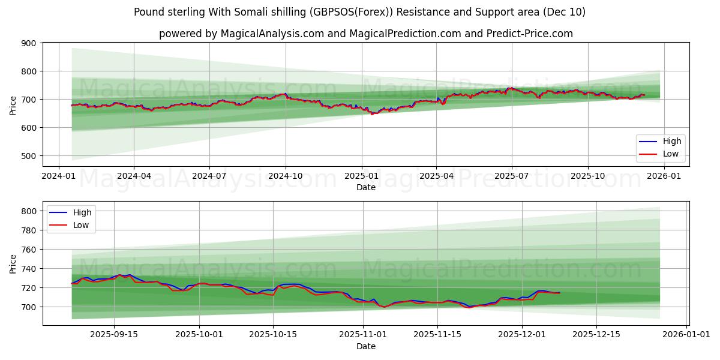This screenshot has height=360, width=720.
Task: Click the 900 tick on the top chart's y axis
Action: tap(29, 43)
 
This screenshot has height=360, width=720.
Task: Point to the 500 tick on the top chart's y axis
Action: tap(29, 156)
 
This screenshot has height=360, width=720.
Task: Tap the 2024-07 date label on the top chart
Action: tap(209, 176)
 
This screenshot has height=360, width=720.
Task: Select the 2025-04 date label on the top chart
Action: tap(436, 176)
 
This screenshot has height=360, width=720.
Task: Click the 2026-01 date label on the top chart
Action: tap(664, 176)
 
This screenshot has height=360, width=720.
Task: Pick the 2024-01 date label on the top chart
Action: tap(58, 176)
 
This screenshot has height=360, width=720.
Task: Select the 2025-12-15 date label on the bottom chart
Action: tap(596, 335)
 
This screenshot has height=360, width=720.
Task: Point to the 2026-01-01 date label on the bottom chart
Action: tap(685, 335)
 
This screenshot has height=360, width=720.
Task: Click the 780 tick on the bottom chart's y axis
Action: tap(29, 230)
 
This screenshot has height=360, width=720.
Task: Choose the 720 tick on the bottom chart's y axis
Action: tap(29, 288)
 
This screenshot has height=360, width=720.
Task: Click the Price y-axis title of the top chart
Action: tap(13, 106)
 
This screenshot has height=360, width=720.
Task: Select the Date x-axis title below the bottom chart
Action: tap(366, 346)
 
